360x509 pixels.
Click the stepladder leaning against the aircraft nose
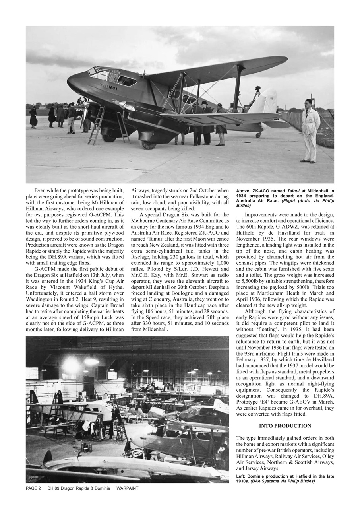point(97,124)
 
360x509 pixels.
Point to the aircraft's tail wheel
point(259,135)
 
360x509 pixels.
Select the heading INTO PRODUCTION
point(285,426)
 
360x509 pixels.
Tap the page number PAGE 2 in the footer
point(33,488)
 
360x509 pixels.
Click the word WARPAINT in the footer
point(127,488)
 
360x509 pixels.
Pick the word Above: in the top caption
point(243,191)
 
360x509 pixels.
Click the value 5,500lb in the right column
point(247,282)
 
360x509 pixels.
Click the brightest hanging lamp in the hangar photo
point(72,363)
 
